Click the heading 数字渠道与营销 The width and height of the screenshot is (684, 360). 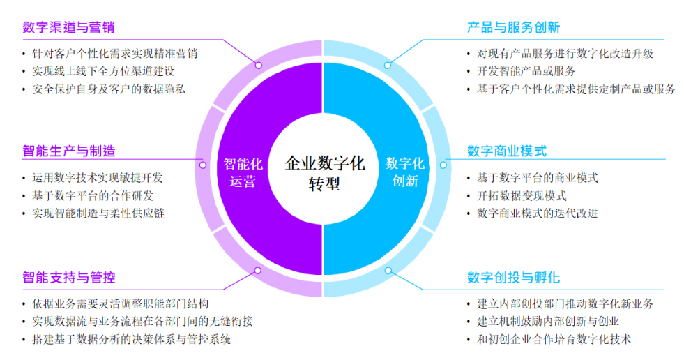(68, 27)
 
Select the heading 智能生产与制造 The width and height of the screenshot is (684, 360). (69, 151)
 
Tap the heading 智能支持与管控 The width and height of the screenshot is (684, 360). (69, 277)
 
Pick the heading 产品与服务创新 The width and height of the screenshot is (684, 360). (513, 27)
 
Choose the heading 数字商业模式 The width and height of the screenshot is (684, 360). (507, 151)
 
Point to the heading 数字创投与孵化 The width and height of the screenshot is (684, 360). (513, 277)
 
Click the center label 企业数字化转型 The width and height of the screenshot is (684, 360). (324, 173)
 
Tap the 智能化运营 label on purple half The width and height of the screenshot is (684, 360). (243, 172)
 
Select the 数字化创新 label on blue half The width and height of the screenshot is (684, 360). (405, 172)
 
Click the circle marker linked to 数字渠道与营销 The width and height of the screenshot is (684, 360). (259, 65)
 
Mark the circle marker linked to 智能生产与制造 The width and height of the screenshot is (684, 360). (202, 165)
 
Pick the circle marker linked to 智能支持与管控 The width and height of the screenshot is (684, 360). (258, 271)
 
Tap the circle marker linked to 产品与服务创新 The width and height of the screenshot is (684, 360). (388, 65)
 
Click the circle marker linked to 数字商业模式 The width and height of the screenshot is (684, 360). (443, 165)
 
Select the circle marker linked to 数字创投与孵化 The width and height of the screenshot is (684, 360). (388, 271)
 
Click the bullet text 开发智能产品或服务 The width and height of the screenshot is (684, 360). (526, 71)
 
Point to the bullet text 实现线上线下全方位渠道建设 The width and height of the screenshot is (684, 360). (103, 71)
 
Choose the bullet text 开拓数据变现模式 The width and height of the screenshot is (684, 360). (522, 196)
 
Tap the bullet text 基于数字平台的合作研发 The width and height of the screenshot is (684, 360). (93, 196)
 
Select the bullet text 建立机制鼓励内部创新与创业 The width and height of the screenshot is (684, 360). (548, 322)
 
